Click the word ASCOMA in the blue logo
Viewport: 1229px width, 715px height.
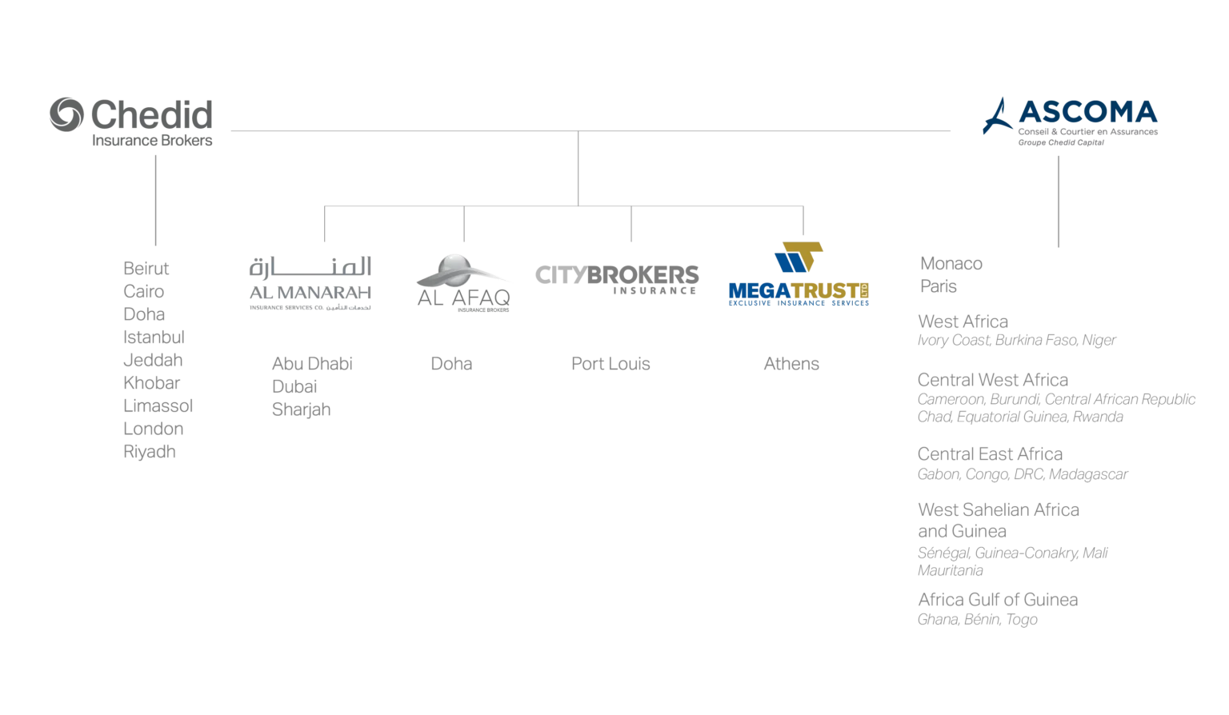click(1087, 114)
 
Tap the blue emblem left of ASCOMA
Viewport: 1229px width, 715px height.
click(997, 117)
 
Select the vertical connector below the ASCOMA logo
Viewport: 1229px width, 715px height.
click(1059, 201)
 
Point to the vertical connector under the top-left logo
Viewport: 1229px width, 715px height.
click(156, 201)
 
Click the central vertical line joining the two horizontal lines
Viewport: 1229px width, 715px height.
click(581, 169)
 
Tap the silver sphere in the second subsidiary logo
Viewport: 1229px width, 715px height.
click(454, 268)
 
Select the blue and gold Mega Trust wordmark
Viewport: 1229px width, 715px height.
click(796, 293)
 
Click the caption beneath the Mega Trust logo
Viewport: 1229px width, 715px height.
click(791, 364)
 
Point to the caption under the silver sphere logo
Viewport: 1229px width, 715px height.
click(451, 364)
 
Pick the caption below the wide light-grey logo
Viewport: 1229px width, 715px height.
click(610, 364)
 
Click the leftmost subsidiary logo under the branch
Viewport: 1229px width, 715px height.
click(307, 284)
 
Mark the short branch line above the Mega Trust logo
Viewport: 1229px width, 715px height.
click(803, 222)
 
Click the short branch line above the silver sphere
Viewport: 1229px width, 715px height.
click(463, 225)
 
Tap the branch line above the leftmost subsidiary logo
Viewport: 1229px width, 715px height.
click(322, 225)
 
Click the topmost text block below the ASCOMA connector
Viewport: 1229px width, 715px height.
click(950, 275)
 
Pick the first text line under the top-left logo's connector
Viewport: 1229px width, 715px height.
click(147, 267)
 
